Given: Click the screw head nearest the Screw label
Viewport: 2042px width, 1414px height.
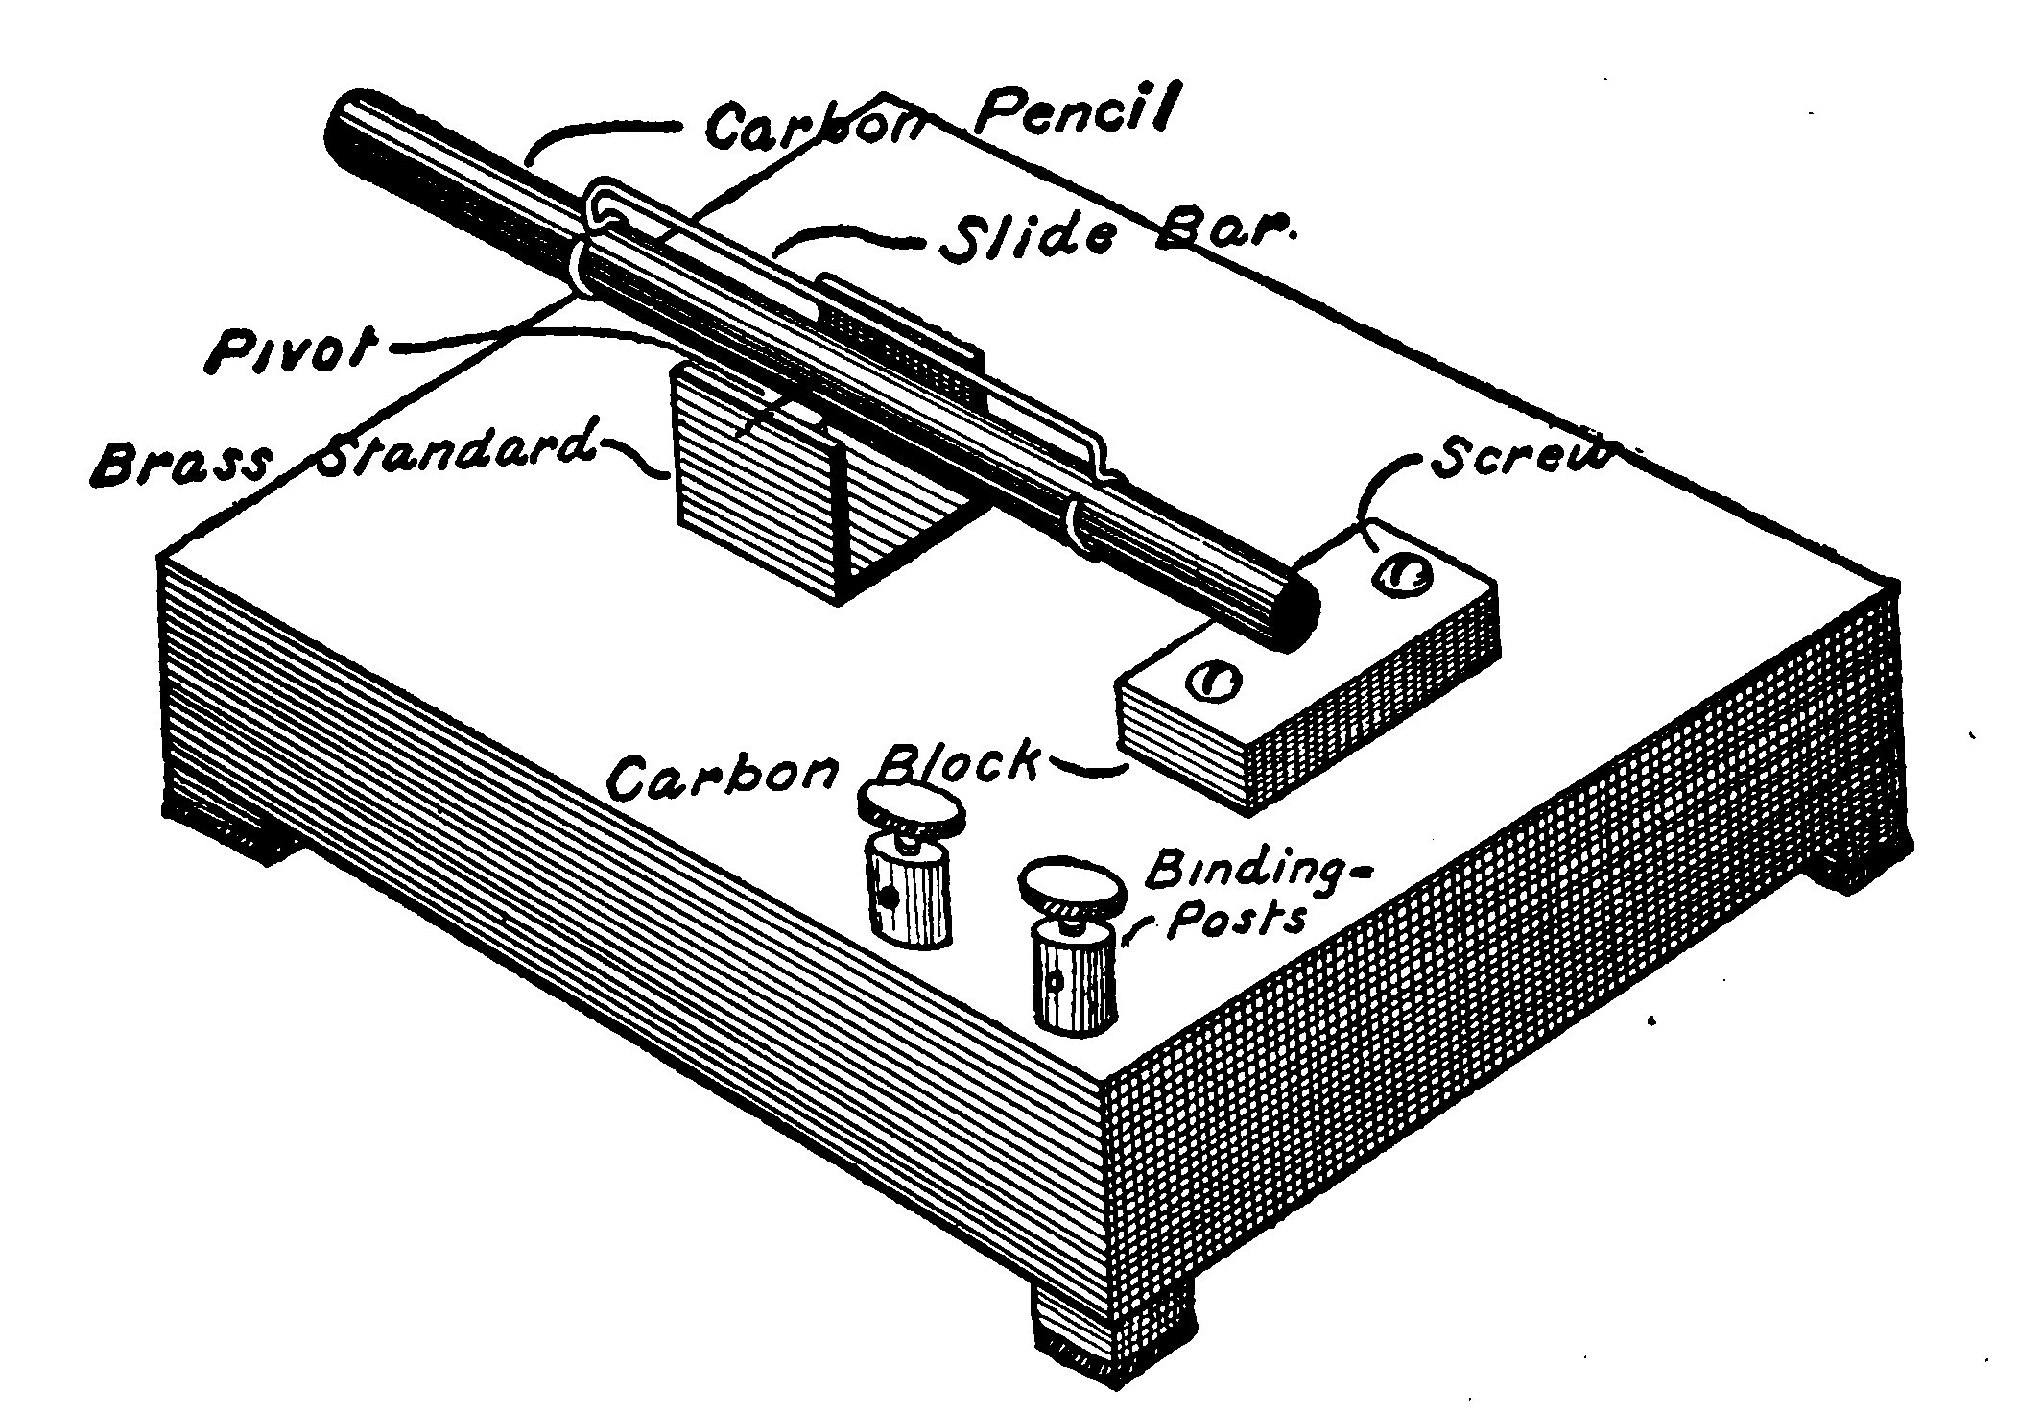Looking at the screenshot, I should (x=1403, y=573).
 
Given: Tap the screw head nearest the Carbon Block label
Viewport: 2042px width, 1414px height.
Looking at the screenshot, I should (x=1212, y=681).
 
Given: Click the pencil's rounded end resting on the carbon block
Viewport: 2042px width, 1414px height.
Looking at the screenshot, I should (x=1286, y=618).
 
